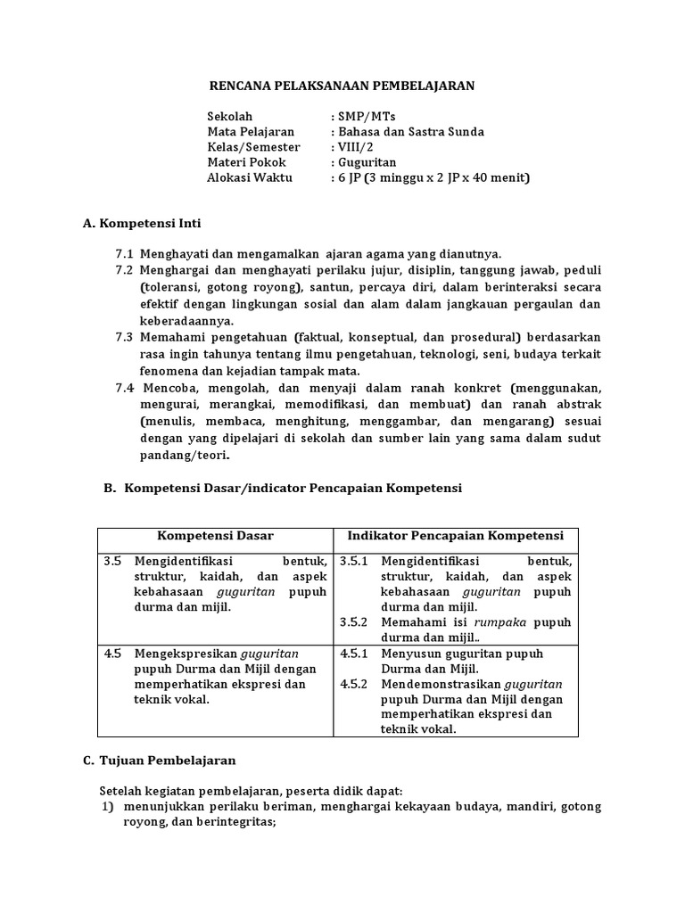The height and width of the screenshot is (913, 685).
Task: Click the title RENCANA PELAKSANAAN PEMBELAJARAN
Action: tap(342, 86)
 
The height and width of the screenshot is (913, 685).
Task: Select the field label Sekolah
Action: tap(230, 117)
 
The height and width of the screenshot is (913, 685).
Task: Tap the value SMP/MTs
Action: tap(360, 117)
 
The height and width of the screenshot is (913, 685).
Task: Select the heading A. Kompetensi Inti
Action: tap(147, 223)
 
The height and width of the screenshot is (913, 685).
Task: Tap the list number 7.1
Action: tap(124, 254)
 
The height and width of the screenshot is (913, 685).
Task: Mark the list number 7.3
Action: tap(124, 337)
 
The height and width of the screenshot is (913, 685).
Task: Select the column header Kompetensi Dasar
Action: tap(216, 536)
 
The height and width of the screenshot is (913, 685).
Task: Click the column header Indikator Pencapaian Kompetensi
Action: tap(455, 536)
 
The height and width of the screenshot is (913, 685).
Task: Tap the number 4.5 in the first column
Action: tap(112, 654)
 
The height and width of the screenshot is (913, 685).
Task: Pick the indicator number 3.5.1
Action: tap(356, 562)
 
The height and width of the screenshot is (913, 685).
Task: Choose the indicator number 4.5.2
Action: tap(356, 684)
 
